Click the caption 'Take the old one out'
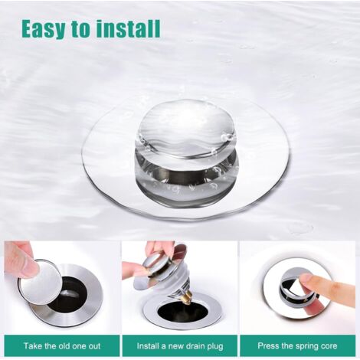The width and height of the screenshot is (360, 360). coord(61,345)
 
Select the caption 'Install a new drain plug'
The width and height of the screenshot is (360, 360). coord(180,345)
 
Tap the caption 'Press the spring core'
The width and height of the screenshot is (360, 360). coord(297,345)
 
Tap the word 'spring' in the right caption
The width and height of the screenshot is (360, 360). coord(303,345)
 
